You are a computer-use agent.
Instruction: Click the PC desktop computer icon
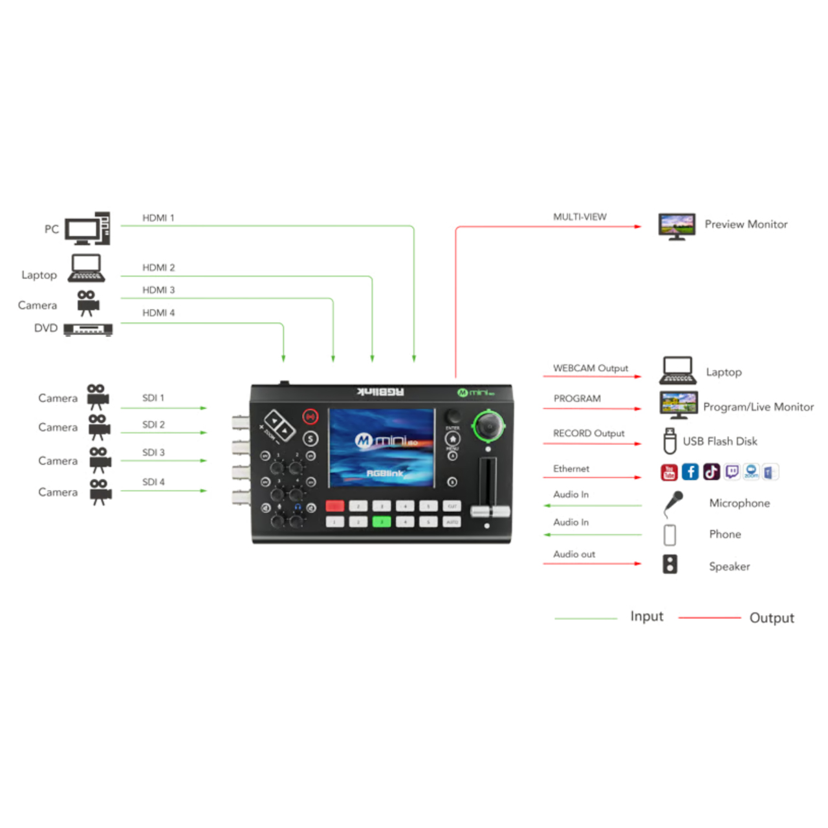click(x=87, y=229)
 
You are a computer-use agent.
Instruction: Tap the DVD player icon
click(x=88, y=329)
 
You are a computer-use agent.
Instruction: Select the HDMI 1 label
click(x=158, y=218)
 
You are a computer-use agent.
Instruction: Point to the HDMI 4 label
click(x=158, y=313)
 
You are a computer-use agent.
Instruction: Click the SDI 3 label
click(x=153, y=452)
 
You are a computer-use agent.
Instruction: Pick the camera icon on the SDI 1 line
click(x=97, y=397)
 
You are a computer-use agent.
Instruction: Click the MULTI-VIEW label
click(x=580, y=217)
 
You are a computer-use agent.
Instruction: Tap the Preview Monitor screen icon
click(x=677, y=226)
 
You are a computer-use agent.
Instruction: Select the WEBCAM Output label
click(x=590, y=368)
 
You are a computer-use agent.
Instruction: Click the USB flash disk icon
click(x=670, y=441)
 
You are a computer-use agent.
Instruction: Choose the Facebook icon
click(x=690, y=472)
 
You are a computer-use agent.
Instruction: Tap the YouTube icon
click(x=669, y=472)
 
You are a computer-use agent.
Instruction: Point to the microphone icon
click(x=673, y=503)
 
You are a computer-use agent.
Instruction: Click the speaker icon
click(x=670, y=564)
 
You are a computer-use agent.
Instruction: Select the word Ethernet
click(x=571, y=468)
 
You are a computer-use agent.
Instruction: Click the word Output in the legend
click(x=771, y=618)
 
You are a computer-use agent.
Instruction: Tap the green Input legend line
click(x=585, y=618)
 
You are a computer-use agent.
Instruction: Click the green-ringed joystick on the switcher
click(x=488, y=426)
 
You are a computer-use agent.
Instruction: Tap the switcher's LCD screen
click(x=382, y=447)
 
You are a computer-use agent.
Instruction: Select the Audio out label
click(x=574, y=554)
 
